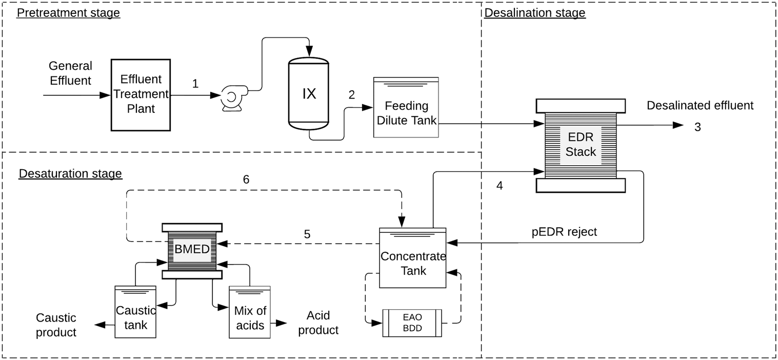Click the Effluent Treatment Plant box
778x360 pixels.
(x=141, y=94)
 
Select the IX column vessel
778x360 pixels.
(x=308, y=93)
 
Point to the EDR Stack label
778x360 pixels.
(x=581, y=145)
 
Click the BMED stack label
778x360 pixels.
(x=192, y=250)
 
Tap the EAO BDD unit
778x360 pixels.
(x=412, y=323)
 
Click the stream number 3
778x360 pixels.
(x=697, y=127)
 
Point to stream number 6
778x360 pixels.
(x=246, y=179)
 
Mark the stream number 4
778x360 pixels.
(x=500, y=185)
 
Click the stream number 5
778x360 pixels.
(x=307, y=234)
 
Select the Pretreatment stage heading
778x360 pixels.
(x=68, y=13)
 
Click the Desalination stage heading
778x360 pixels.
(x=534, y=13)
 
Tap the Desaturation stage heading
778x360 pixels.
(x=70, y=174)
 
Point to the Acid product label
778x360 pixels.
(x=318, y=323)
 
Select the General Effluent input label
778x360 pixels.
(x=70, y=73)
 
